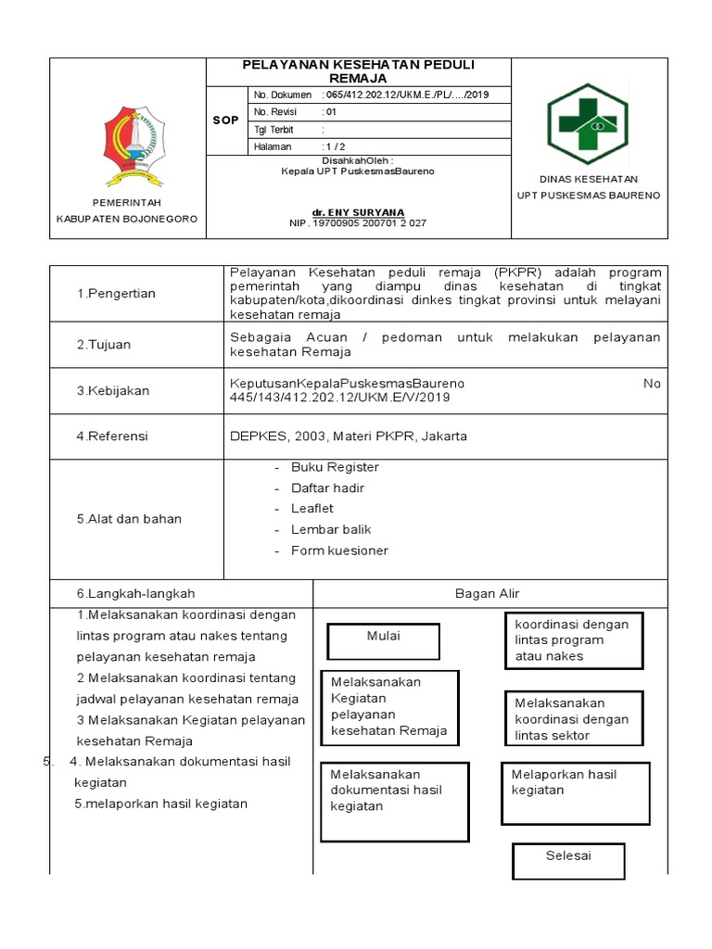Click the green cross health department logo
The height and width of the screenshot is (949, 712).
[588, 124]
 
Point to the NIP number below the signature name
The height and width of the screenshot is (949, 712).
[357, 223]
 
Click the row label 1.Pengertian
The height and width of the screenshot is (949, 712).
[116, 294]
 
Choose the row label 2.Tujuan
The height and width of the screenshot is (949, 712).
[104, 345]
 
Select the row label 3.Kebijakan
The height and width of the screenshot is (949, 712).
[113, 391]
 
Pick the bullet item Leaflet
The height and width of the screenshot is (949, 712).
[311, 509]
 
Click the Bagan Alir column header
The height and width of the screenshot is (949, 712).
[489, 593]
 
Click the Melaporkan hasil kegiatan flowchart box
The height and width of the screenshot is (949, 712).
[573, 791]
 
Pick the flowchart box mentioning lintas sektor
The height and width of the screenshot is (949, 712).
[574, 719]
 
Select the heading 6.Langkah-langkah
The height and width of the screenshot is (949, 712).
[135, 593]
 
